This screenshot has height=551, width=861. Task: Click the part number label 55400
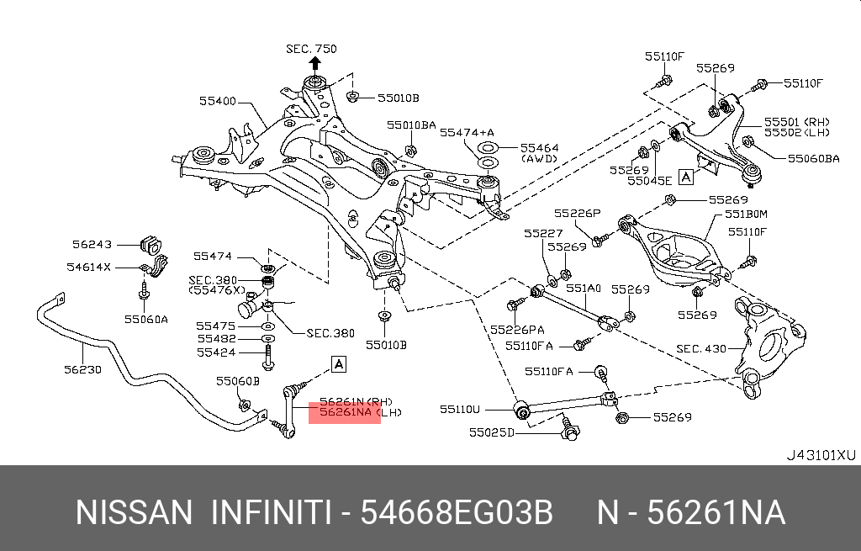tap(217, 101)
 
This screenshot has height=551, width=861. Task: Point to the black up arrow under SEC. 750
tap(315, 64)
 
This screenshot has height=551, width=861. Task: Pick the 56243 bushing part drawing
tap(152, 245)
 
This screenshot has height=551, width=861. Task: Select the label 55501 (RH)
tap(796, 121)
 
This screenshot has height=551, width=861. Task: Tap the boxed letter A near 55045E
tap(686, 177)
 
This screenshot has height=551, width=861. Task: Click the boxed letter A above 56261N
tap(338, 364)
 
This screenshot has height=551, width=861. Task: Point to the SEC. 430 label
tap(701, 348)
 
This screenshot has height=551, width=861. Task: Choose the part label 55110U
tap(459, 410)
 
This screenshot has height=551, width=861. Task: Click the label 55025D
tap(490, 433)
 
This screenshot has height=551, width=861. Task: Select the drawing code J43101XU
tap(820, 455)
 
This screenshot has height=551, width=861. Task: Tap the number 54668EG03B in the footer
tap(457, 512)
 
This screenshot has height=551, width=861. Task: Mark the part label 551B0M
tap(747, 215)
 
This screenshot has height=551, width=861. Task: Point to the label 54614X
tap(89, 267)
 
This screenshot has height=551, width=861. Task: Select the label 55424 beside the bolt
tap(216, 352)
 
